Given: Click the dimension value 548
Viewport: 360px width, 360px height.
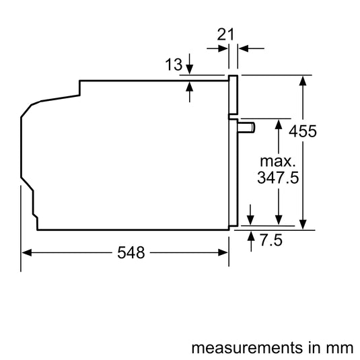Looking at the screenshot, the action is [x=131, y=252].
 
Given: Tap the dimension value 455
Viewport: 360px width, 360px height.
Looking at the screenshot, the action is [x=303, y=131].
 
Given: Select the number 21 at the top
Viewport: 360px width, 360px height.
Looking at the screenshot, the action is [x=225, y=34].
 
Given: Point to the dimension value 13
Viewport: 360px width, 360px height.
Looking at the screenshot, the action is [x=174, y=65].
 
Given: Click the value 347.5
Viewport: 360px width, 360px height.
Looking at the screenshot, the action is [x=278, y=178].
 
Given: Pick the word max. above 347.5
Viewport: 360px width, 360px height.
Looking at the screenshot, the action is [x=278, y=161].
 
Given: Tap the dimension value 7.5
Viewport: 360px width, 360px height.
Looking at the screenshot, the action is [x=271, y=240].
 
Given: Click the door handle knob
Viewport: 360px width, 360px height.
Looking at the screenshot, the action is [x=246, y=127].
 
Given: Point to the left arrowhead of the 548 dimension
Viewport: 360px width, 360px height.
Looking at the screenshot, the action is [x=27, y=252].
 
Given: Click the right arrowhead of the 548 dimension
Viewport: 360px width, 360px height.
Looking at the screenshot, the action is [x=223, y=252].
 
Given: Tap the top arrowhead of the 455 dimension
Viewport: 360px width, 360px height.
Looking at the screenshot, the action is [x=303, y=81].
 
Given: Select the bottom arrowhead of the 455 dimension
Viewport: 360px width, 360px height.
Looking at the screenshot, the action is [x=303, y=224].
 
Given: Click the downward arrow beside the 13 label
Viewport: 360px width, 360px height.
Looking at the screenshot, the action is [x=189, y=64].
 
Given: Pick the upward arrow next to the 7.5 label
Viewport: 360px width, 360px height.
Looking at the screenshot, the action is [x=251, y=242].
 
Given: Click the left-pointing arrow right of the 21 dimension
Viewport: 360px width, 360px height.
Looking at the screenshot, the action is [x=252, y=48].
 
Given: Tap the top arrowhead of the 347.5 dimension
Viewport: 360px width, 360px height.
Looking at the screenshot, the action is [x=279, y=124].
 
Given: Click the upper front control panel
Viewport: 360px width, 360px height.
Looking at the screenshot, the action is [x=233, y=95].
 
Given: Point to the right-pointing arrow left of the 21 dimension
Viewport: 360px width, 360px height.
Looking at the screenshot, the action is [x=217, y=48].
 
